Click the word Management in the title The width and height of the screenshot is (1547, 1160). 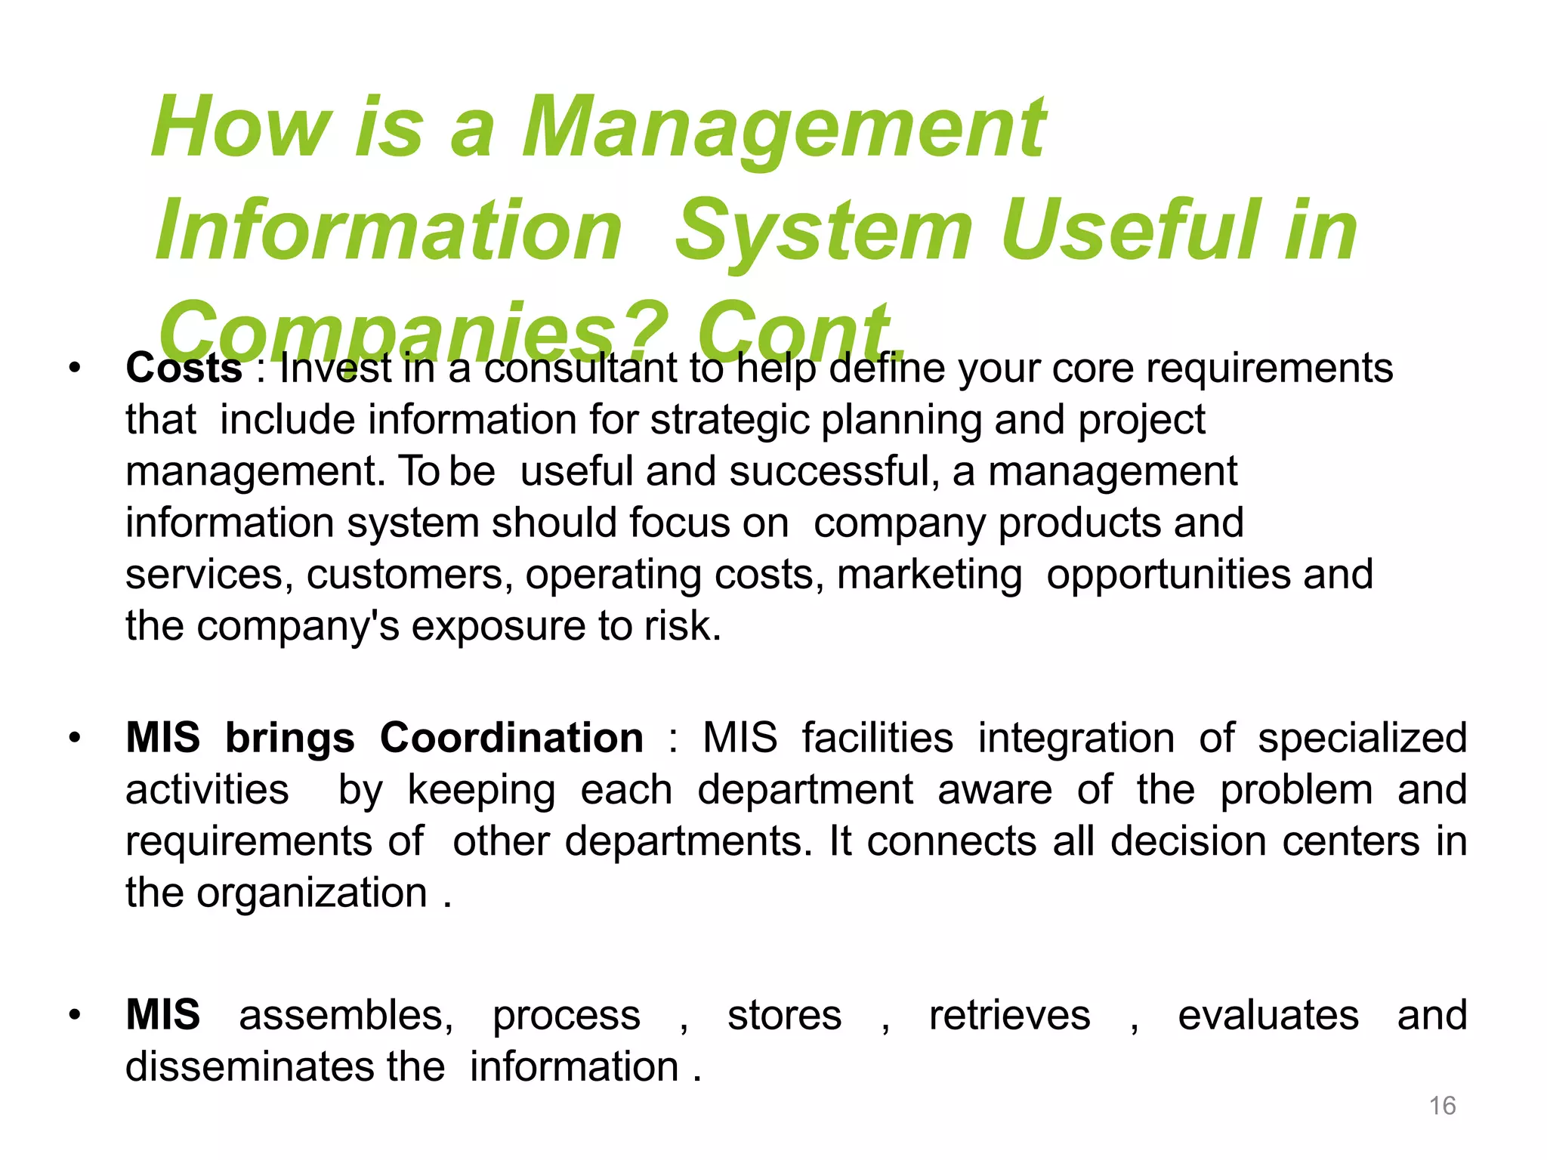click(x=783, y=128)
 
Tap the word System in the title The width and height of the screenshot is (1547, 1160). click(x=823, y=230)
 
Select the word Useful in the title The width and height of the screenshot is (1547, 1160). click(x=1130, y=230)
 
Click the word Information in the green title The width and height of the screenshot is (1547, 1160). click(x=388, y=230)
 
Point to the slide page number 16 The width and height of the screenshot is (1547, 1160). click(x=1442, y=1106)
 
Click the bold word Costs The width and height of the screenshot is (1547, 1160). click(x=184, y=369)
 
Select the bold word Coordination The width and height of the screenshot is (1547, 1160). click(x=511, y=738)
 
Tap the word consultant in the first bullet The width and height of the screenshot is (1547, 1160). click(x=580, y=369)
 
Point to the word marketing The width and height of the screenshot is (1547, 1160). click(x=929, y=575)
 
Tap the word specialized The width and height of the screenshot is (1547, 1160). click(x=1361, y=738)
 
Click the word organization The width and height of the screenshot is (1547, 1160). click(x=312, y=893)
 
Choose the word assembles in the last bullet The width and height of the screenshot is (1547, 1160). click(x=345, y=1016)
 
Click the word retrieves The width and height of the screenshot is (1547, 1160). click(x=1009, y=1016)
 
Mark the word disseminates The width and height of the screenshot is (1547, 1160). click(x=250, y=1067)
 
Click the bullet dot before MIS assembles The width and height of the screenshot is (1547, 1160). click(x=74, y=1016)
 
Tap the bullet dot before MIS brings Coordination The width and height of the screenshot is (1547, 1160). click(x=74, y=738)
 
